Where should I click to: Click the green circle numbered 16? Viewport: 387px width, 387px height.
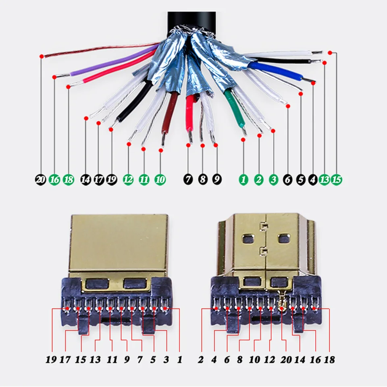(54, 179)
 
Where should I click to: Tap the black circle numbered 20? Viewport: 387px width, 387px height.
(40, 179)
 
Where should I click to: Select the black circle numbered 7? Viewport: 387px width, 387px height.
(188, 179)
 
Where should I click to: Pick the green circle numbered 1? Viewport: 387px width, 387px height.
(243, 179)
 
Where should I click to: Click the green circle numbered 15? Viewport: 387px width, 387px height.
(337, 179)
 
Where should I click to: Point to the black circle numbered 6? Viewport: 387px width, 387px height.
(287, 179)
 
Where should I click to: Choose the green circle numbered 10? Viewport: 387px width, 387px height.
(160, 179)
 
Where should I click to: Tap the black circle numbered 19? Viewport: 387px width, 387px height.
(111, 179)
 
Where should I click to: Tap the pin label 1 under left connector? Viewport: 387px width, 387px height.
(180, 359)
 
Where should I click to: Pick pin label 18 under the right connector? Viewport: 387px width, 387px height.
(330, 359)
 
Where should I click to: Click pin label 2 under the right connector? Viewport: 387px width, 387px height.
(201, 359)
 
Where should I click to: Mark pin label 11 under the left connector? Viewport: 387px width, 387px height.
(112, 359)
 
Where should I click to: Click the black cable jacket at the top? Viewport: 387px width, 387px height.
(192, 18)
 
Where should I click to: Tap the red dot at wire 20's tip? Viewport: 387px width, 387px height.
(41, 56)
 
